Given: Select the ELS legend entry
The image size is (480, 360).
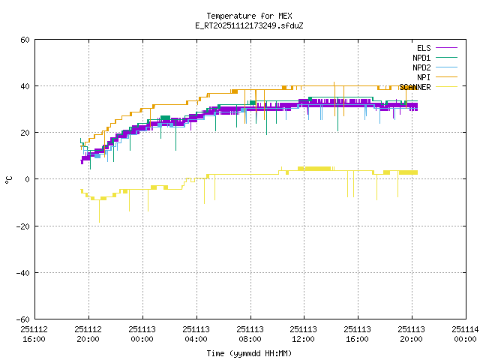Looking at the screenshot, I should tap(424, 48).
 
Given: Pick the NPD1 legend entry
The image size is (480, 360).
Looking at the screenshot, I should tap(421, 58).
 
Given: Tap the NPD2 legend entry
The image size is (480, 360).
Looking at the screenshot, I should tap(421, 67).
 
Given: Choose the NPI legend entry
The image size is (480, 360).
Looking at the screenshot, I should tap(424, 77).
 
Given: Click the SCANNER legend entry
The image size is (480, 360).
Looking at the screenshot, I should tap(415, 87).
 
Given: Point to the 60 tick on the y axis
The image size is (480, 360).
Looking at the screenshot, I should tap(25, 40).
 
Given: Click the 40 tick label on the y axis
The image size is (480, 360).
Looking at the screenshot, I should tap(25, 86).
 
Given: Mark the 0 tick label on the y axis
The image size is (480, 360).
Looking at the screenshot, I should tap(28, 179).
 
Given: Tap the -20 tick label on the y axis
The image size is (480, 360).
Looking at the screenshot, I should tap(23, 226).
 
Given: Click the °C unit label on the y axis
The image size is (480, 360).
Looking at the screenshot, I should tap(9, 179).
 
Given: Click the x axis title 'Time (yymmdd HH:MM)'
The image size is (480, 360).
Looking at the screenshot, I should tap(249, 353).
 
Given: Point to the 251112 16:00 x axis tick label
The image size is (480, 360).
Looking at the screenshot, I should tap(34, 333).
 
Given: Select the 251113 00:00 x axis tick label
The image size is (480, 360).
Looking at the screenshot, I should tap(142, 333).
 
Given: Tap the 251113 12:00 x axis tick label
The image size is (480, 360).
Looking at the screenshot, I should tap(303, 333).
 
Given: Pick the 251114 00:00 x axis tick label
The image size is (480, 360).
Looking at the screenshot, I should tap(464, 333).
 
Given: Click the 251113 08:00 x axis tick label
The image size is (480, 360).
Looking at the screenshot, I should tap(250, 333).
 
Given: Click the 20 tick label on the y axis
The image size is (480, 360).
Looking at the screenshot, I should tap(25, 133).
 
